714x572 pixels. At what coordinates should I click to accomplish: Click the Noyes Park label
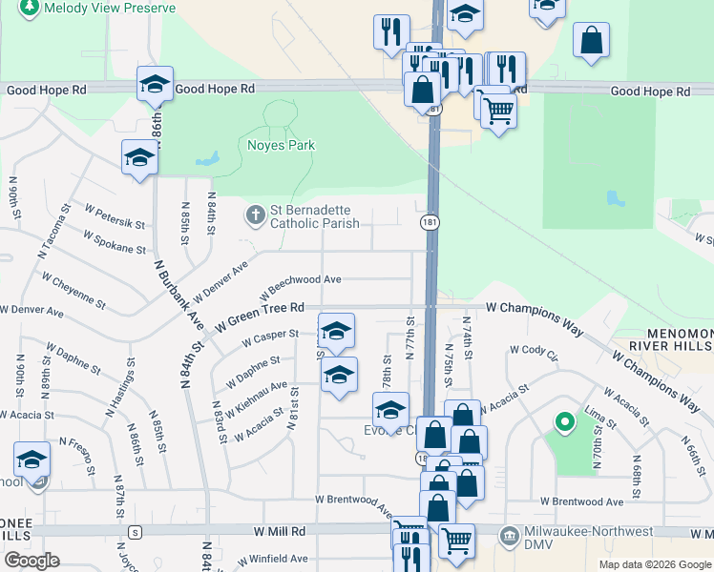pos(281,146)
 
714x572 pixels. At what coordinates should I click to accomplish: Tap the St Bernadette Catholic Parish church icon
pos(254,215)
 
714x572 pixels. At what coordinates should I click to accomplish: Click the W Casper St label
pos(270,339)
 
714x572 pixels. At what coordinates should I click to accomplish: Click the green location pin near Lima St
pos(564,420)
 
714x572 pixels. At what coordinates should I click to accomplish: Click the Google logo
pos(31,561)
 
